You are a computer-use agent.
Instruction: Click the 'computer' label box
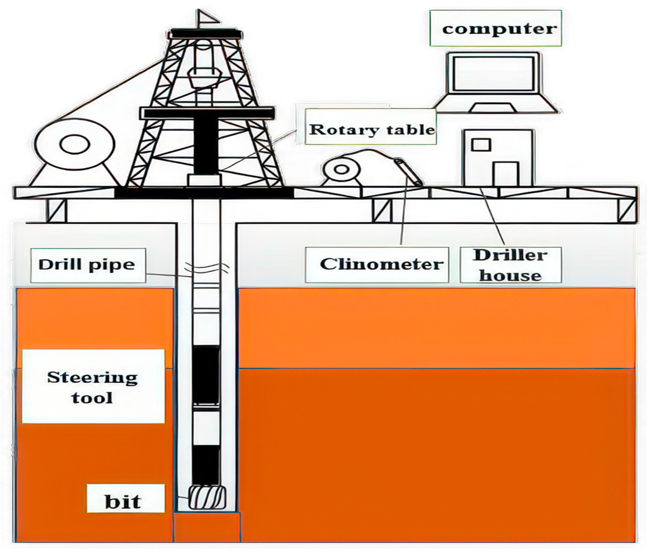point(495,28)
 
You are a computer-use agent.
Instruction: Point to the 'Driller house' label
point(511,264)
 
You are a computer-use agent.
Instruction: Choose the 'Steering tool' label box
point(93,386)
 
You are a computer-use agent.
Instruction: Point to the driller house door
point(505,174)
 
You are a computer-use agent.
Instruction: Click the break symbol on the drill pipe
point(206,267)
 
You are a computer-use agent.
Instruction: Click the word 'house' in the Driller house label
point(511,276)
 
